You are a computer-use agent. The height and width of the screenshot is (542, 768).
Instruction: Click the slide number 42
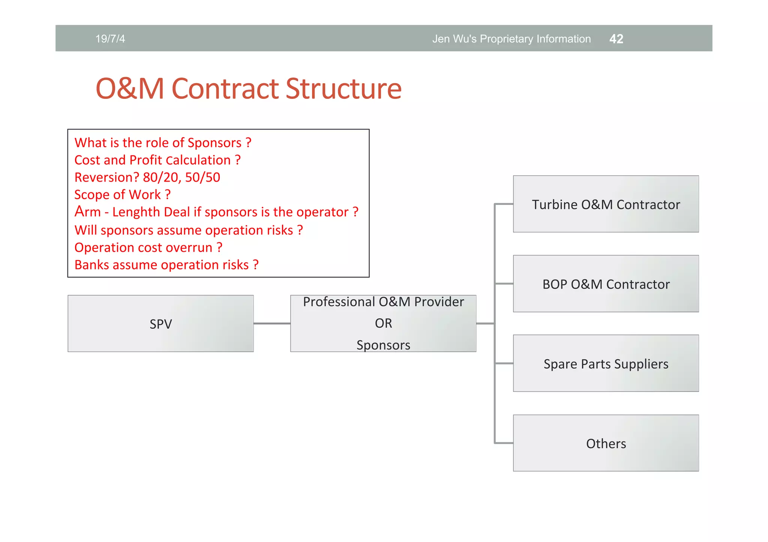coord(616,39)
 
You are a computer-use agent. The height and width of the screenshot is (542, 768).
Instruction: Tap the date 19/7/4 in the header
coord(110,39)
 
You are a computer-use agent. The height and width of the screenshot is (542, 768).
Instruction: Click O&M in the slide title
coord(130,89)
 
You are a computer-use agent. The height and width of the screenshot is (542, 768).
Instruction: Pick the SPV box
coord(160,324)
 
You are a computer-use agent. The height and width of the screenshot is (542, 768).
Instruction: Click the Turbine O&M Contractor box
coord(606,204)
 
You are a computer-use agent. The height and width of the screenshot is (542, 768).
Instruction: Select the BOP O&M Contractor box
coord(606,284)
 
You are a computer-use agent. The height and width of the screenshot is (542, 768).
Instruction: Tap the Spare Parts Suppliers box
coord(606,364)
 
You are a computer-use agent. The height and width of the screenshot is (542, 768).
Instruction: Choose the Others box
coord(606,443)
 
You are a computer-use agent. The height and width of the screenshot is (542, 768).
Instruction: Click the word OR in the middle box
coord(383,323)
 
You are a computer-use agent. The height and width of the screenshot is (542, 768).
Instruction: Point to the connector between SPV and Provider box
coord(272,324)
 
